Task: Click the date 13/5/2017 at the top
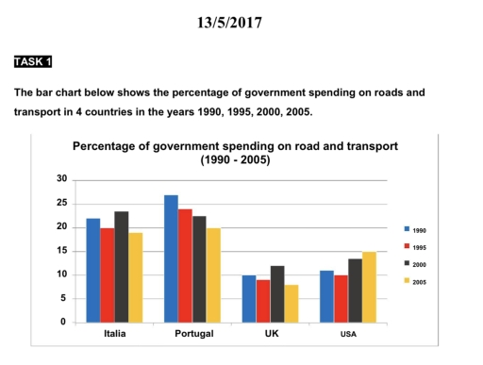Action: tap(241, 20)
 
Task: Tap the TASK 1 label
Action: tap(33, 62)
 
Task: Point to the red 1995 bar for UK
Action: tap(262, 301)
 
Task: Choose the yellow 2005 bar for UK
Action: tap(291, 304)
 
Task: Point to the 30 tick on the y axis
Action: tap(62, 179)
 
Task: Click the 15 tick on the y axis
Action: tap(62, 251)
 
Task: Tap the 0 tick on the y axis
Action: tap(65, 323)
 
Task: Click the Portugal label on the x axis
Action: tap(192, 335)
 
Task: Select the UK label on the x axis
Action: tap(270, 335)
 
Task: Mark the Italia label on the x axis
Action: tap(114, 335)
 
